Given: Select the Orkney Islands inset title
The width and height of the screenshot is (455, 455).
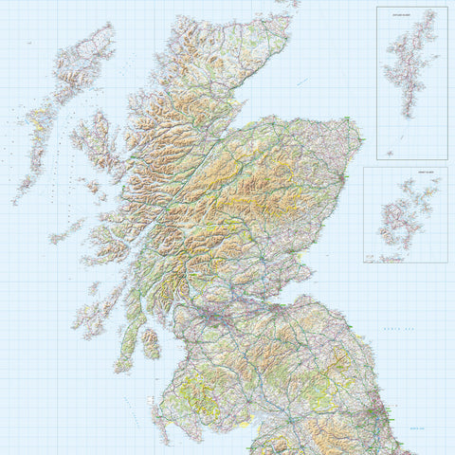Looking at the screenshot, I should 405,173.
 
